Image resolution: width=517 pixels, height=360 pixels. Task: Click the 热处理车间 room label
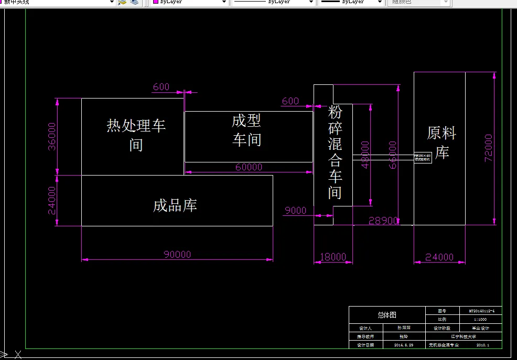136,135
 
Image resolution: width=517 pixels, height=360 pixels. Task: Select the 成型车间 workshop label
246,130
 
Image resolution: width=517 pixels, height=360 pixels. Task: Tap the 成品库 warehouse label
175,205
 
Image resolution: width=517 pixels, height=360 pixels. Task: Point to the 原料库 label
441,143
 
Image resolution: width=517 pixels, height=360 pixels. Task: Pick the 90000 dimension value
177,255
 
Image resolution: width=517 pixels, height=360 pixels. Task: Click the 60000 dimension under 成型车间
249,167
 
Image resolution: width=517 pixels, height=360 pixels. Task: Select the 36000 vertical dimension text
52,136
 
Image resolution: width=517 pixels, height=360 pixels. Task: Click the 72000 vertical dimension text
488,148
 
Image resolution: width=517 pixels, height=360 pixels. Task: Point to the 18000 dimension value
333,257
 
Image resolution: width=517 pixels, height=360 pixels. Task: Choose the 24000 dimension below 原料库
439,257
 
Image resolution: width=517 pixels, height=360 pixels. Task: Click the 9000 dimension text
295,211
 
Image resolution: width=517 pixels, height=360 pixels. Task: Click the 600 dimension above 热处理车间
161,87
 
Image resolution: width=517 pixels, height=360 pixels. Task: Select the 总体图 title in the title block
387,315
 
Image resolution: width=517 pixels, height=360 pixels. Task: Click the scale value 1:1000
480,319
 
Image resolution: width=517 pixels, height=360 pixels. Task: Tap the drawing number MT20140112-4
480,311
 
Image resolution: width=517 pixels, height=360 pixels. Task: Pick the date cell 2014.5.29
404,345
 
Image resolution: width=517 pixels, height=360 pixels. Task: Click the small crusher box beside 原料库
423,157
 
